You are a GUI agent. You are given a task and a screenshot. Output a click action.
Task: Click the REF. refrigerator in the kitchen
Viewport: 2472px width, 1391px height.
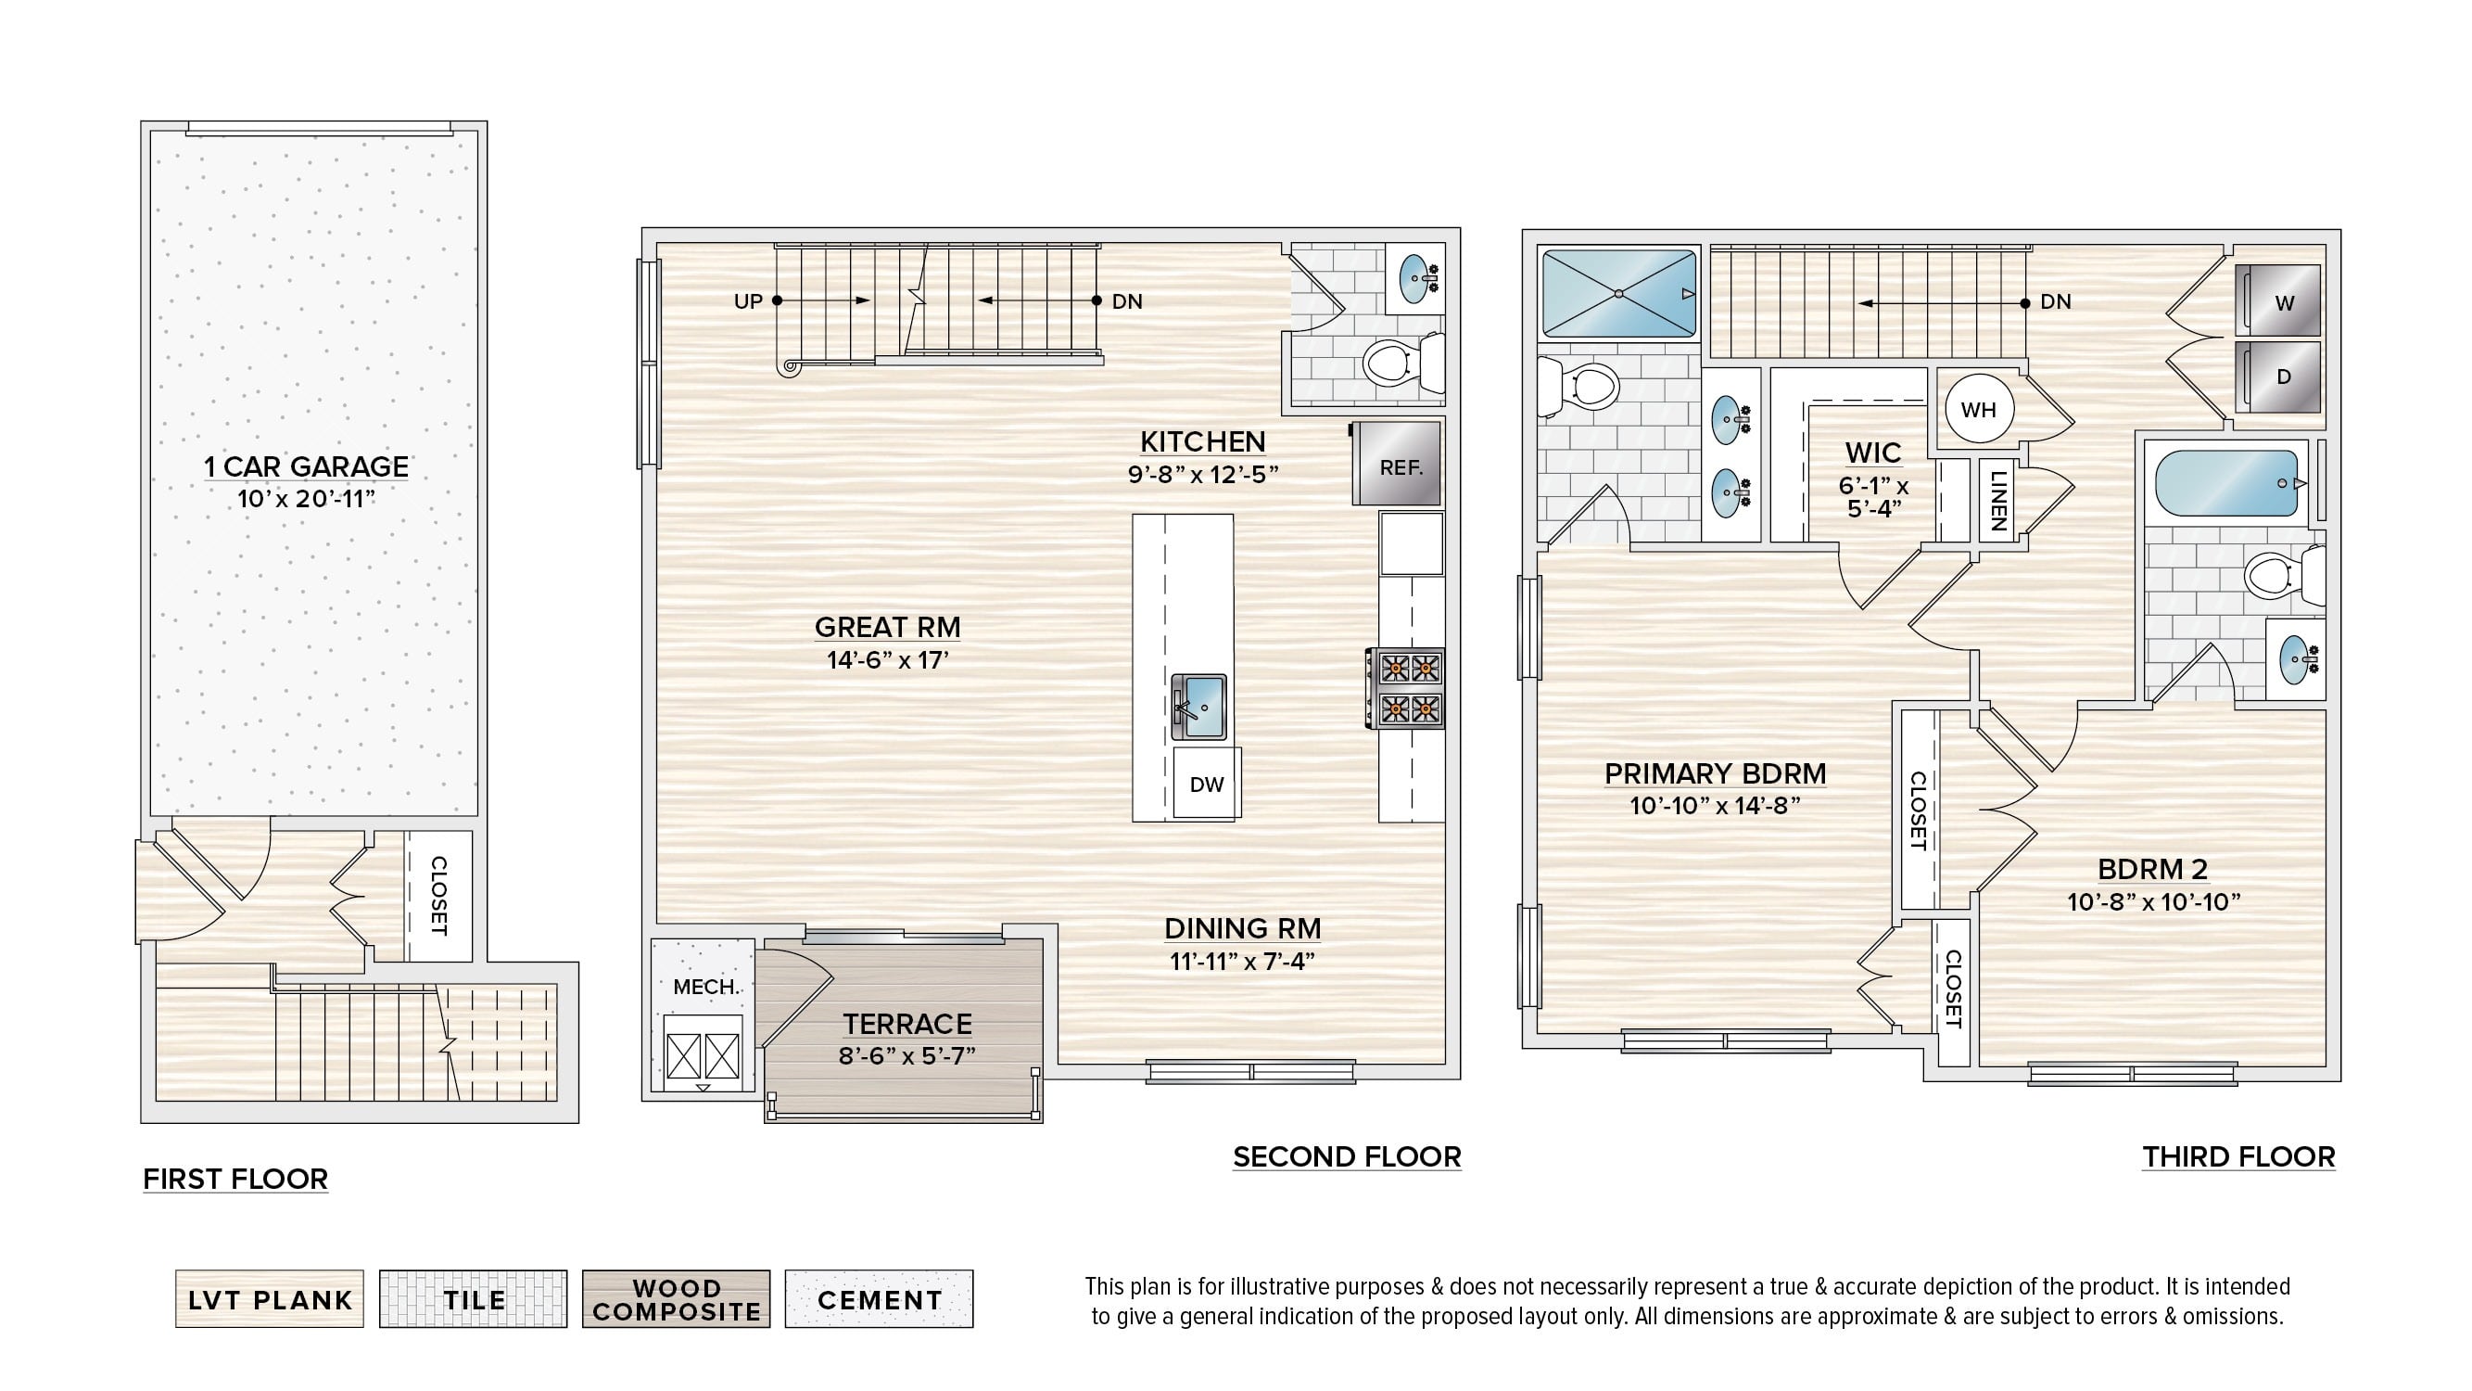[x=1396, y=464]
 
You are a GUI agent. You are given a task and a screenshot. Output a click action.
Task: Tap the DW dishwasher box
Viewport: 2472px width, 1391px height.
[x=1206, y=784]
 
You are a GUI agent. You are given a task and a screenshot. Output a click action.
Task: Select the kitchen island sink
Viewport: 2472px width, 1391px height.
[x=1199, y=707]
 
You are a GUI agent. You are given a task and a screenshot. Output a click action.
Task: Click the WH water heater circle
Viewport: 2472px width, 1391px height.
[x=1979, y=410]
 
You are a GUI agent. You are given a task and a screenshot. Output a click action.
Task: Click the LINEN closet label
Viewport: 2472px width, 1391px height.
[x=1998, y=501]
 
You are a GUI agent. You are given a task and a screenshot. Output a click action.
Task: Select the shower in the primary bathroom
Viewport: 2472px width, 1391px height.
[x=1618, y=293]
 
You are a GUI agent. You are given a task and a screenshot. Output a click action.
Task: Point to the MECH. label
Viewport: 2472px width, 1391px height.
[x=706, y=987]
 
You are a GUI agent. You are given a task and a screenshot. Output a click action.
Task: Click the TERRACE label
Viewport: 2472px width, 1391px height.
[x=907, y=1025]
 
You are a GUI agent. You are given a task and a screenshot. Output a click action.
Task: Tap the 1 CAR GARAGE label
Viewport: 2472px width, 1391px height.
[x=306, y=466]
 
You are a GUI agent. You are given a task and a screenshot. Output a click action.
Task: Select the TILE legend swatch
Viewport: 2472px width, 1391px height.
[x=473, y=1299]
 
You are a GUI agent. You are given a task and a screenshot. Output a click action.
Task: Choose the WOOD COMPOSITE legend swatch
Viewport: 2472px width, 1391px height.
[x=677, y=1299]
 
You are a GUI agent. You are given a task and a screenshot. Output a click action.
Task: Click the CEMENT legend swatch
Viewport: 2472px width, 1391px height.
[x=879, y=1299]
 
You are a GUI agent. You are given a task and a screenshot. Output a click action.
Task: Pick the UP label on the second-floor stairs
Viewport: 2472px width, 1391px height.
[x=749, y=301]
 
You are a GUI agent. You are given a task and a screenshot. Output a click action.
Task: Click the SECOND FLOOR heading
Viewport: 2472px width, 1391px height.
[x=1348, y=1156]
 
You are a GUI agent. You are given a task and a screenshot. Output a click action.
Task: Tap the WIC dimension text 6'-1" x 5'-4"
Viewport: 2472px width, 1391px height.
[x=1874, y=497]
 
